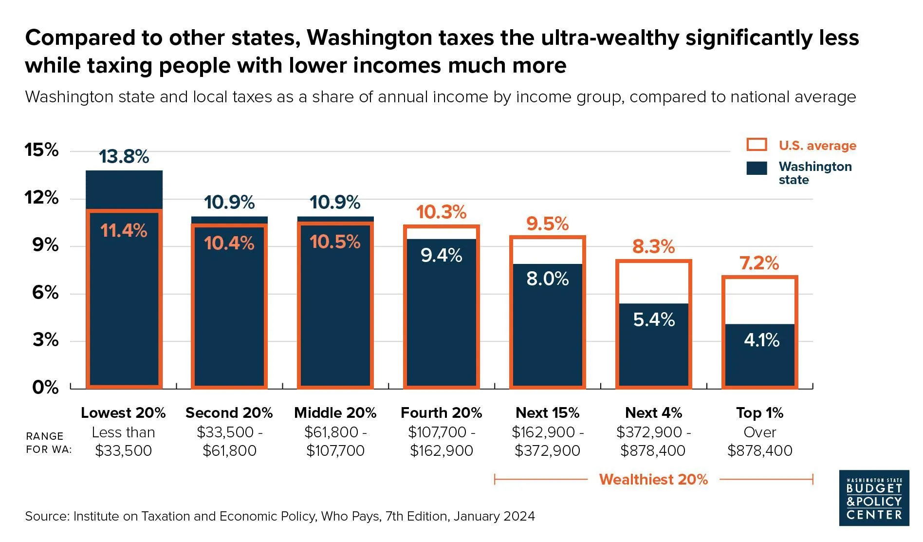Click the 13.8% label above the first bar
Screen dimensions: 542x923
click(x=124, y=157)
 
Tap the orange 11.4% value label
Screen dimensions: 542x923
click(x=124, y=230)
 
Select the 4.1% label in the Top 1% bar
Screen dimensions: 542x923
click(x=761, y=340)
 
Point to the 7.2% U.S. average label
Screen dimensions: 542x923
click(x=759, y=263)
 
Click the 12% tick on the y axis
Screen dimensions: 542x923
click(x=41, y=198)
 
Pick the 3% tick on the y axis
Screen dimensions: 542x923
click(x=45, y=340)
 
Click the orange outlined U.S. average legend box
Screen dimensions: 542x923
click(x=757, y=145)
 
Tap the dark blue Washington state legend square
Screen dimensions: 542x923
click(x=757, y=168)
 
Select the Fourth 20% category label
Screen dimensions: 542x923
click(x=441, y=413)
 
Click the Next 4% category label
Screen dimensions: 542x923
click(x=653, y=413)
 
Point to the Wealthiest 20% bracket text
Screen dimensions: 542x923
click(x=653, y=480)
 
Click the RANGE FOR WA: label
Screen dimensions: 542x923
click(x=48, y=443)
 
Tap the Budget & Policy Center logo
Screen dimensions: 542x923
click(x=874, y=498)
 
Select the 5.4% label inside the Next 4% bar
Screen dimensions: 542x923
click(x=654, y=319)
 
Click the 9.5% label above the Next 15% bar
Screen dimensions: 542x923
click(x=547, y=224)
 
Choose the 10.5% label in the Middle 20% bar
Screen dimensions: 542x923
click(x=335, y=242)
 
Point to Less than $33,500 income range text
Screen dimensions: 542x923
click(x=124, y=441)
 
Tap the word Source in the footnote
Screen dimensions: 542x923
click(x=46, y=516)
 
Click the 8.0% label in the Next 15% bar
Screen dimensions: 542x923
click(x=547, y=279)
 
